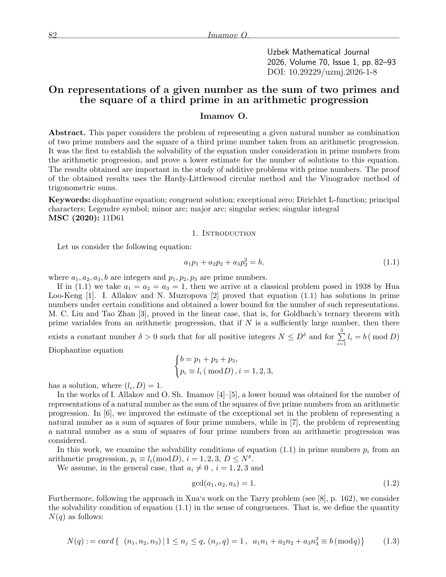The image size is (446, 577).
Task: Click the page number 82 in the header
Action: click(x=52, y=35)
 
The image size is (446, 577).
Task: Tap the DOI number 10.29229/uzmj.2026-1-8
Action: click(x=333, y=72)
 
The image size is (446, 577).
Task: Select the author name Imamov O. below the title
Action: click(x=224, y=117)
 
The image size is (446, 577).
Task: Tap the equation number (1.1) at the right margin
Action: click(x=391, y=262)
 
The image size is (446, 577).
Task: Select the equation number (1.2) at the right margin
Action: click(x=391, y=483)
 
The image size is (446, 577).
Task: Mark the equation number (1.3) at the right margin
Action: click(x=391, y=541)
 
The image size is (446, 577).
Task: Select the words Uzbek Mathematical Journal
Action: click(x=318, y=52)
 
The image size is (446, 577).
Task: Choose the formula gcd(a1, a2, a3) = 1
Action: click(x=224, y=484)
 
